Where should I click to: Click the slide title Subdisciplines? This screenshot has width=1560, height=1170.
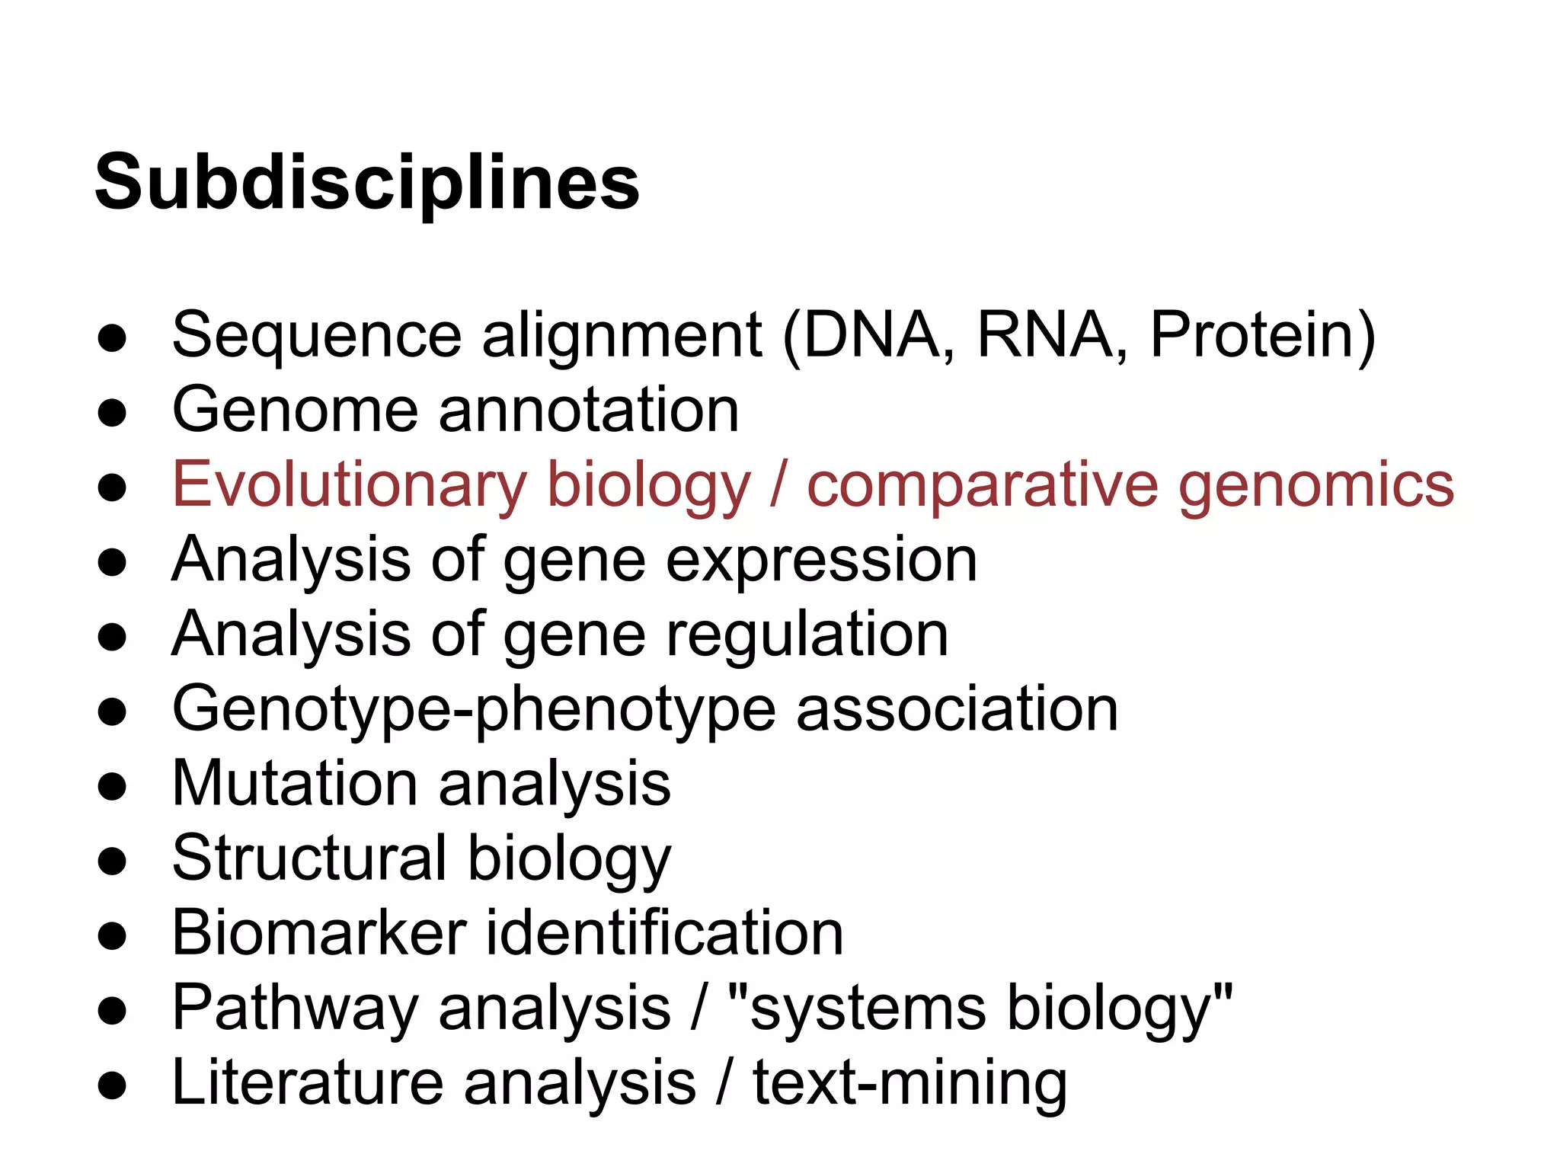coord(367,183)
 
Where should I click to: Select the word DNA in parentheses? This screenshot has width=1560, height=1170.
coord(871,335)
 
